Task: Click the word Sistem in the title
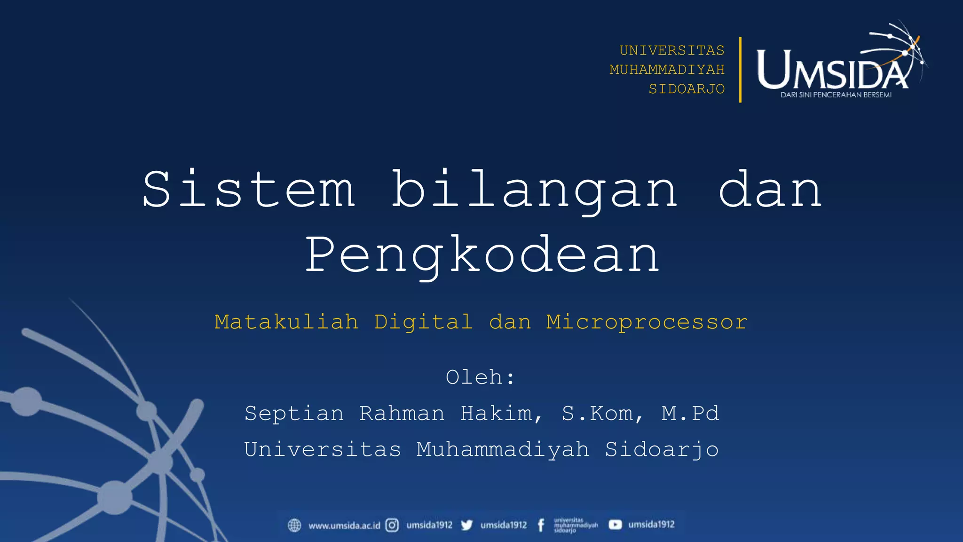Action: [x=249, y=189]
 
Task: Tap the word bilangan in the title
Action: [x=535, y=189]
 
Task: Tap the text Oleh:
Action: [x=481, y=377]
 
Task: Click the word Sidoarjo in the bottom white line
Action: [x=662, y=450]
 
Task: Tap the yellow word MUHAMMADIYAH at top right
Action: [x=667, y=70]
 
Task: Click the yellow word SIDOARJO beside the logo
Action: [x=687, y=89]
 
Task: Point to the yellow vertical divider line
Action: [x=740, y=70]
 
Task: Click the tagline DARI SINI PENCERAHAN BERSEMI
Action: [x=836, y=95]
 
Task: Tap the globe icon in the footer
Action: [x=294, y=525]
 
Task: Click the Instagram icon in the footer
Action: [x=392, y=525]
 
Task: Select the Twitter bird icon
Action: [x=466, y=525]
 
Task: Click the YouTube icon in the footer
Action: [x=615, y=525]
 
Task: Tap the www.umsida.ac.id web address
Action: [x=344, y=526]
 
